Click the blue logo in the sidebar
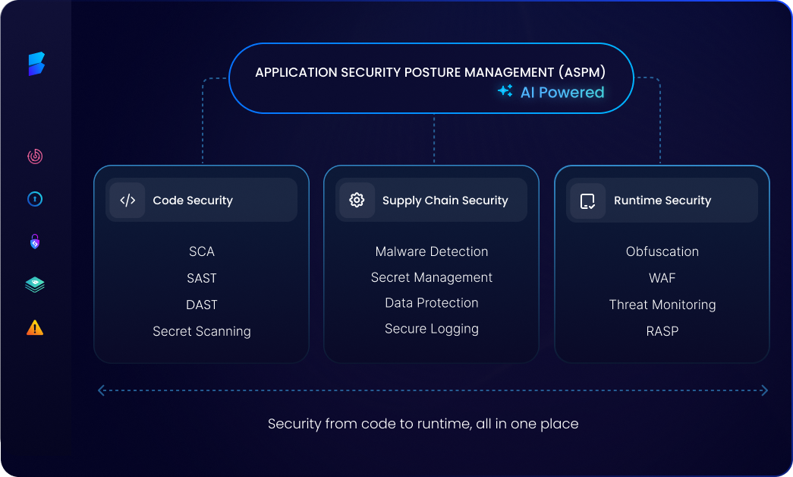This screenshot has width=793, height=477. (36, 64)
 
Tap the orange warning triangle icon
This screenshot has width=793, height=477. (35, 327)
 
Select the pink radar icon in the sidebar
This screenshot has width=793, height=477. (35, 156)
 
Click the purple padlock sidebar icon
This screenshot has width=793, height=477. (35, 242)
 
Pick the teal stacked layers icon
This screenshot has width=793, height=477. (35, 285)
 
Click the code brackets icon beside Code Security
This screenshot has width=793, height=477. (127, 201)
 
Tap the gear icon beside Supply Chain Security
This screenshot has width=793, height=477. (357, 201)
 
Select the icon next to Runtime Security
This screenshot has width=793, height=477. (587, 201)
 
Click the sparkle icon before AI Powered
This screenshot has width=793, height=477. (505, 92)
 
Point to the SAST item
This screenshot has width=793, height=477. (202, 278)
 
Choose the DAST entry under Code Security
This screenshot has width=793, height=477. (202, 305)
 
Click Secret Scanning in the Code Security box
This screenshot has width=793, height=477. (202, 331)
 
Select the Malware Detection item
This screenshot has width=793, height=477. (432, 251)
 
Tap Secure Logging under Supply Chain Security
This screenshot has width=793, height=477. (432, 329)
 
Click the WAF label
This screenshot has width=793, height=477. (662, 278)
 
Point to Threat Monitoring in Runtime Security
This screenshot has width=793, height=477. (662, 305)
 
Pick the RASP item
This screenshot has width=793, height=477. (662, 331)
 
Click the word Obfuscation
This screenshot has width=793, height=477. (662, 251)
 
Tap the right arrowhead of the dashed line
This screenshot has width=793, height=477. (764, 390)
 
